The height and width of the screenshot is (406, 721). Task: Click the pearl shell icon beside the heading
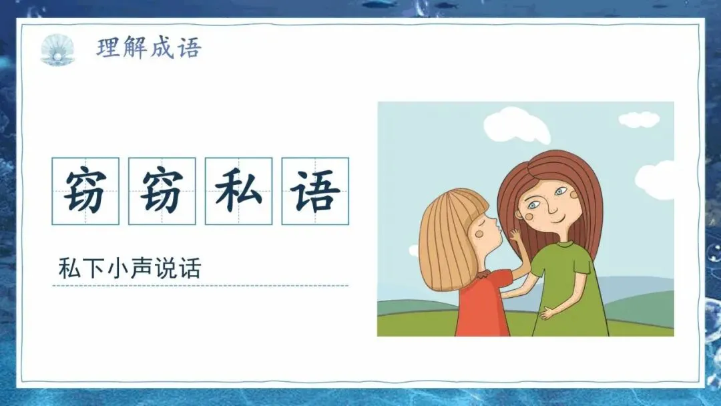tap(57, 49)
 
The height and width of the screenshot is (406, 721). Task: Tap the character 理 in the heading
tap(108, 48)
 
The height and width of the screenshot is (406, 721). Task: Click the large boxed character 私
tap(238, 191)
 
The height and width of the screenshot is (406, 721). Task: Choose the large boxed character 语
tap(315, 191)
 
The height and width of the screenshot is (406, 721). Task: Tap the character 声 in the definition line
tap(142, 268)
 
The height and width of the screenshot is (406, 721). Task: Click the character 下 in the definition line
tap(94, 268)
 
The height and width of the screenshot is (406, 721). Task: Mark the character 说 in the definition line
tap(166, 268)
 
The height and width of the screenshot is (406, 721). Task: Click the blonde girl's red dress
tap(483, 303)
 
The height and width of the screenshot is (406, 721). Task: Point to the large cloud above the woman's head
tap(517, 125)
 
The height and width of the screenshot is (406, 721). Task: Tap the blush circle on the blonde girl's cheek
tap(480, 234)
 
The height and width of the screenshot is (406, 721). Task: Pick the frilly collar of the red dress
tap(484, 275)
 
